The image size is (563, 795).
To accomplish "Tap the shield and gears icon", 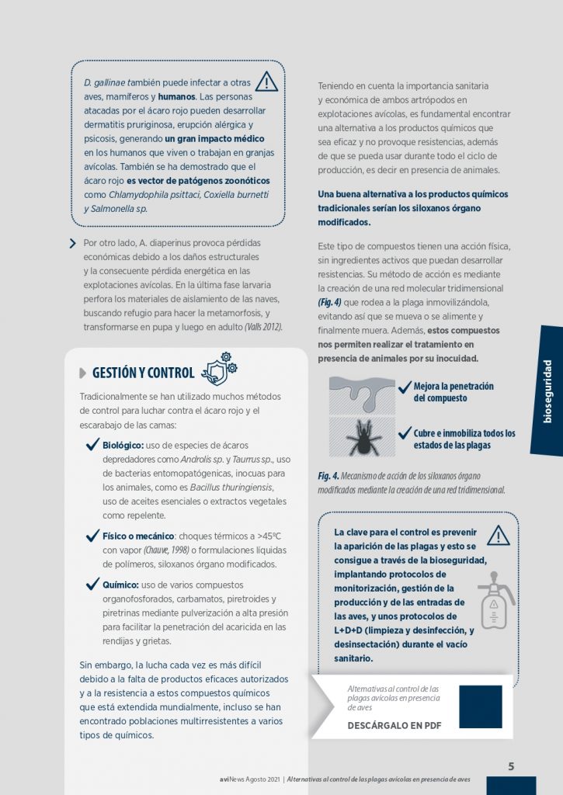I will click(x=218, y=370).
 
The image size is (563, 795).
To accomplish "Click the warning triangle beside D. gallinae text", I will click(x=266, y=82).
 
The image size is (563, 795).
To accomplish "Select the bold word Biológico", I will click(x=123, y=446).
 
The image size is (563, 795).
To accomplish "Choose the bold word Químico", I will click(x=121, y=585).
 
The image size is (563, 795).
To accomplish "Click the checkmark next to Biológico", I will click(x=92, y=445).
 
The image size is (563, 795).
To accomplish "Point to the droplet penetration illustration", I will click(x=361, y=394).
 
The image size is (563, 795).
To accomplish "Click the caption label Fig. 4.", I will click(x=328, y=476).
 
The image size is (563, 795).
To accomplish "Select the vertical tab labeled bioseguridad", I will click(x=547, y=391).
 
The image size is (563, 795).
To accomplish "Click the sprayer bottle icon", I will click(x=495, y=599).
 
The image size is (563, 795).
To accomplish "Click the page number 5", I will click(x=511, y=766).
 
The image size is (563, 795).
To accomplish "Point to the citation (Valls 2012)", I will click(x=263, y=327).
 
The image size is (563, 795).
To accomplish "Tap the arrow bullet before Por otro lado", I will click(x=73, y=243).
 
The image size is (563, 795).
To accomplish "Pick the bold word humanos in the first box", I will click(x=177, y=97).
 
